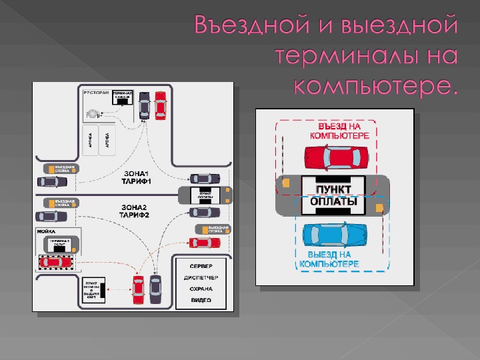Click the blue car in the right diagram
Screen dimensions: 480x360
(x=335, y=235)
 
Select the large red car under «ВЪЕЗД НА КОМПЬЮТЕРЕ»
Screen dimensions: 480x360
(x=336, y=157)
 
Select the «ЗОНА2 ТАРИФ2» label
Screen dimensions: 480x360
(x=135, y=211)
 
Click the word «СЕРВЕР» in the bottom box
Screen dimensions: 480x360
(x=201, y=265)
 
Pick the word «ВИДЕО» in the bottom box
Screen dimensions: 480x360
(x=201, y=300)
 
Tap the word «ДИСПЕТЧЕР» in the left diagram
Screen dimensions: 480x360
(x=201, y=277)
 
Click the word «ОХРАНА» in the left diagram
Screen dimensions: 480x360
(x=201, y=289)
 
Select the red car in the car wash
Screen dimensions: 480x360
(x=54, y=261)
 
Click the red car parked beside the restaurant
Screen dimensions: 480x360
(x=160, y=105)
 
